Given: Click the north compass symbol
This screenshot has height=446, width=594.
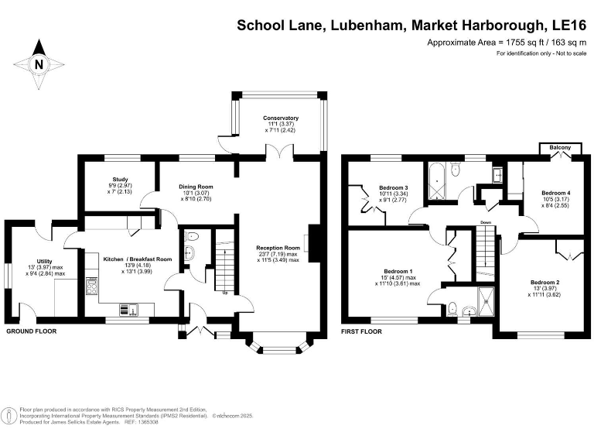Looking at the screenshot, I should click(38, 64).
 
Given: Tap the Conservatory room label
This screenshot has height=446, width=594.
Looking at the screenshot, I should click(281, 118).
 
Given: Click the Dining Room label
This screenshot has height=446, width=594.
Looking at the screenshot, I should click(196, 187).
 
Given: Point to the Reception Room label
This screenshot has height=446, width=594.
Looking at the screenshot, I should click(278, 249).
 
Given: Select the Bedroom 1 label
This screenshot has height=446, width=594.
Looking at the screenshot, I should click(398, 271).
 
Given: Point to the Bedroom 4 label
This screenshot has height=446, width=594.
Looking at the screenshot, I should click(555, 193).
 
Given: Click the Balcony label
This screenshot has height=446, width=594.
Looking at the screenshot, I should click(560, 147).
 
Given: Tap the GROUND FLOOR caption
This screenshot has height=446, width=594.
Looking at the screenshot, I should click(32, 331).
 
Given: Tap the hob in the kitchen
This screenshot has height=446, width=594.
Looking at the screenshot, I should click(93, 287).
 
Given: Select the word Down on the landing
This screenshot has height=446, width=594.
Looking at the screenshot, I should click(486, 223).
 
